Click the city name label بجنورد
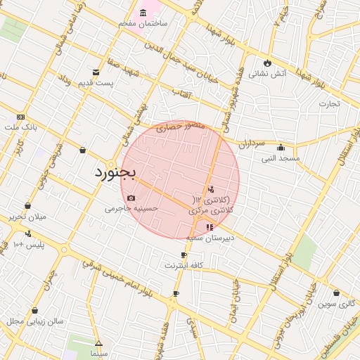[114, 172]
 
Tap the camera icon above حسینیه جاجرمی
[131, 198]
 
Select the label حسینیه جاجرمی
[131, 208]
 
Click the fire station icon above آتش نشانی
[267, 63]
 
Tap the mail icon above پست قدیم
[96, 72]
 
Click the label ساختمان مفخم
[143, 24]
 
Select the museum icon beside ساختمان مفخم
[143, 13]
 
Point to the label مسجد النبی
[281, 158]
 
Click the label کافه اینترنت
[184, 265]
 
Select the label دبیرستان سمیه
[208, 238]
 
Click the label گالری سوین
[337, 304]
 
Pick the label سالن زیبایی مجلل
[35, 321]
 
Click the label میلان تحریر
[27, 217]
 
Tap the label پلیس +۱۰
[28, 244]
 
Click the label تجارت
[329, 103]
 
